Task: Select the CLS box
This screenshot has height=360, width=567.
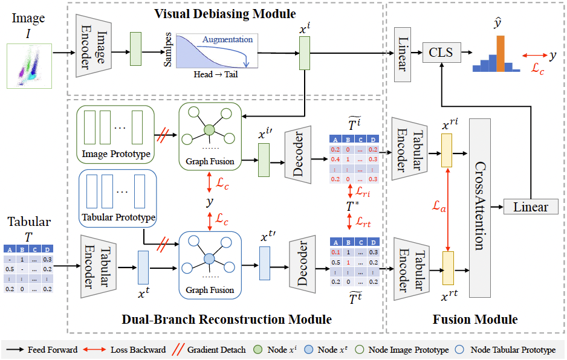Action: pyautogui.click(x=441, y=53)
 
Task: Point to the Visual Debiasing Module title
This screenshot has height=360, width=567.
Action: pyautogui.click(x=225, y=13)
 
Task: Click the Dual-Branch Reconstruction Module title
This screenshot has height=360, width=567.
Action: pyautogui.click(x=227, y=319)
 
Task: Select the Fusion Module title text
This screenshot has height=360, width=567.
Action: pyautogui.click(x=475, y=319)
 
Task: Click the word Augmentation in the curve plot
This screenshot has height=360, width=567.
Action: pyautogui.click(x=227, y=39)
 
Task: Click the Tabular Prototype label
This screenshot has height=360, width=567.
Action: pyautogui.click(x=118, y=217)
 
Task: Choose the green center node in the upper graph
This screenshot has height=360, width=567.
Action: pyautogui.click(x=209, y=130)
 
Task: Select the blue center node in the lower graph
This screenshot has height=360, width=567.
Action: pyautogui.click(x=209, y=258)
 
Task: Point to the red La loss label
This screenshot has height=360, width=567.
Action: pyautogui.click(x=439, y=207)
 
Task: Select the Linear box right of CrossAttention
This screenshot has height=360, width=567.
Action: pyautogui.click(x=530, y=207)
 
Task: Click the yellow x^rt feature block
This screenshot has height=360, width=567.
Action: pyautogui.click(x=447, y=264)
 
